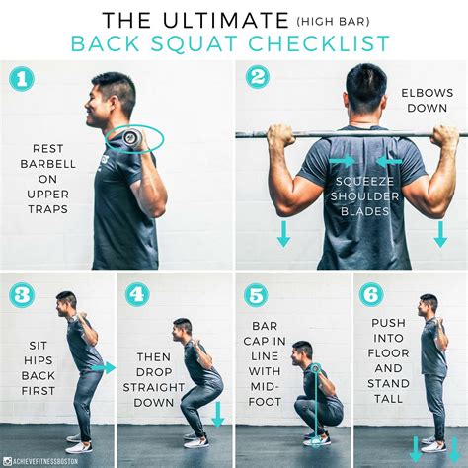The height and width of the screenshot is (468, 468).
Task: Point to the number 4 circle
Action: (x=138, y=294)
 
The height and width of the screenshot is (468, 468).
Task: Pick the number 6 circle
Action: (x=371, y=294)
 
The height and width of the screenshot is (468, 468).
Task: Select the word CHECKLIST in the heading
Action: (x=316, y=43)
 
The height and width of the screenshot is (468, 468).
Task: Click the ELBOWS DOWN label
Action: (x=428, y=101)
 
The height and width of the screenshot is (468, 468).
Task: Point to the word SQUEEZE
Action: (x=363, y=182)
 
